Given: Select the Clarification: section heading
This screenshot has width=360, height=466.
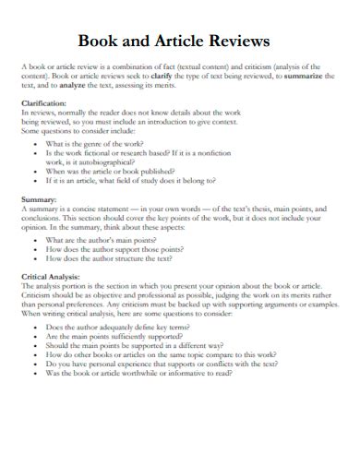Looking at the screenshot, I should point(43,103).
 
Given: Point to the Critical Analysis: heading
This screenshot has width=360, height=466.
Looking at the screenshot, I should point(54,277).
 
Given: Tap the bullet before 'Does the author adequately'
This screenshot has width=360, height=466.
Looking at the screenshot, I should point(34,327).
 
